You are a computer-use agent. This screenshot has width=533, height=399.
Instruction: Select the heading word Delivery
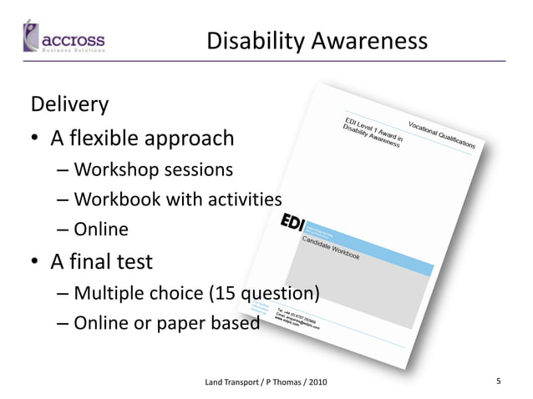pos(69,105)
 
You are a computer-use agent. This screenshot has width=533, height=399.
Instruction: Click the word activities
pos(241,199)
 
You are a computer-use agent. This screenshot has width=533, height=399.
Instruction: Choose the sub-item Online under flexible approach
pos(101,230)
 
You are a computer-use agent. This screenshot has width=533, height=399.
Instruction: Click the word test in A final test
pos(134,262)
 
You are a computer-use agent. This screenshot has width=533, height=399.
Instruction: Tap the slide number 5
pos(498,381)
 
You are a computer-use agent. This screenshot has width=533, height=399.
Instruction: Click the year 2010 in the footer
pos(317,382)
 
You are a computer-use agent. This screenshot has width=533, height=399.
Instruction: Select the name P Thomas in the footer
pos(282,382)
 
